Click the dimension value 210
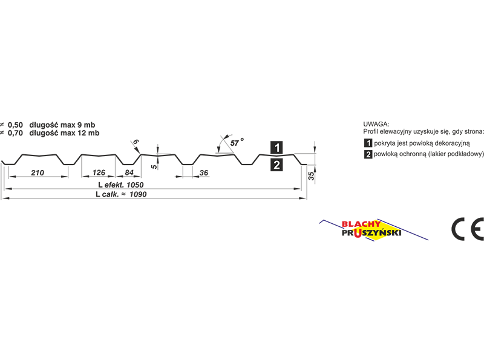pos(38,172)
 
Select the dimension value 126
pos(99,172)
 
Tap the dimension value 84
pos(129,172)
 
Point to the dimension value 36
pos(204,173)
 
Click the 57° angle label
pos(237,142)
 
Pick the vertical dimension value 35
pos(311,176)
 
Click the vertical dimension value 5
pos(154,167)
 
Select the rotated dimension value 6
pos(136,142)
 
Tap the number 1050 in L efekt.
pos(135,185)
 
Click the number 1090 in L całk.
pos(138,194)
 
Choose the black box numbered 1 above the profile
pos(276,147)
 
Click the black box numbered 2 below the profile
pos(276,165)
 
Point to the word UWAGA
pos(376,124)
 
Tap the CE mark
pos(467,229)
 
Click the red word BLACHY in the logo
pos(361,224)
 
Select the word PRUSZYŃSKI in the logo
pos(371,233)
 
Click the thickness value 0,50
pos(16,125)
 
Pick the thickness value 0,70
pos(16,133)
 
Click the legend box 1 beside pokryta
pos(368,143)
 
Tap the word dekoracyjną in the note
pos(452,143)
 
